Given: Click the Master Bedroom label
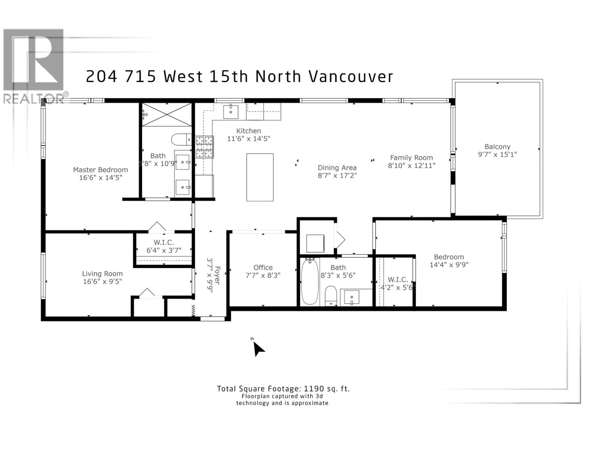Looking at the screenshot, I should [x=100, y=170].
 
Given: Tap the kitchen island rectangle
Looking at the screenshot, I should [x=260, y=177].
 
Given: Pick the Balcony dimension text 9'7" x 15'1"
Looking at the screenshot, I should [x=497, y=154].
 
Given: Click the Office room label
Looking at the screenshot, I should [x=263, y=267].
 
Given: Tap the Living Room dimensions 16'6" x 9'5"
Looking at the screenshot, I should [x=102, y=281].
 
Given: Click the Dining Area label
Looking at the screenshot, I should [x=337, y=168].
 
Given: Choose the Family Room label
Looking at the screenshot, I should [x=411, y=158].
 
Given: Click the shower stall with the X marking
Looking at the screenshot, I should [x=167, y=115].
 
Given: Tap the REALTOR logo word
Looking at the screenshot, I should [x=34, y=99].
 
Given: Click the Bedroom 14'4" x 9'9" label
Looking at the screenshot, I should [x=449, y=257].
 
